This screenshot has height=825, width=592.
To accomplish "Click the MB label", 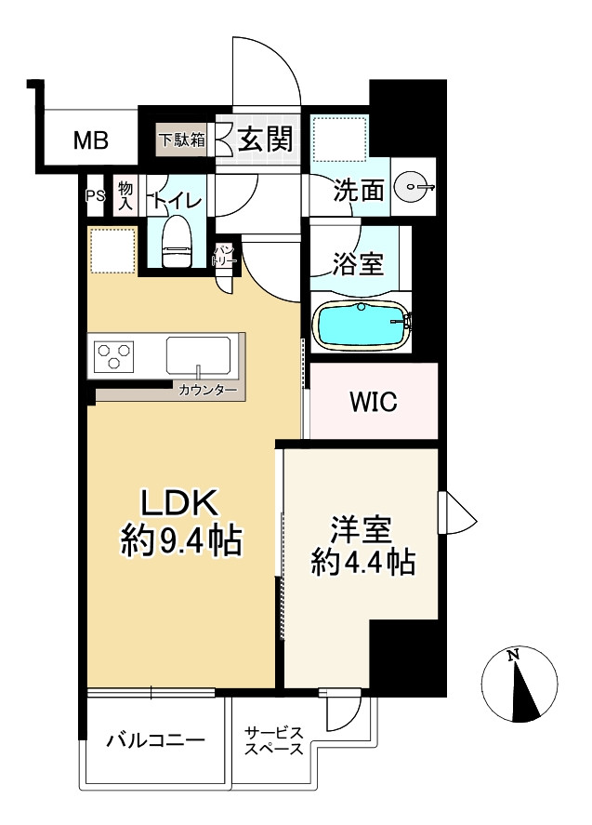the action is point(91,140).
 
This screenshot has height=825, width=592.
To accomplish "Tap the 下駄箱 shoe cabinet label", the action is point(182,140).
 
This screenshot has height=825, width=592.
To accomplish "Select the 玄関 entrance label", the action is point(265,140).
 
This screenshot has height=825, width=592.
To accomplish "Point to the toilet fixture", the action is point(178,242).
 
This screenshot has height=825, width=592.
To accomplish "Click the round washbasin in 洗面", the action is point(414,186).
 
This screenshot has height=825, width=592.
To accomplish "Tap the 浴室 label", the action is point(358,263).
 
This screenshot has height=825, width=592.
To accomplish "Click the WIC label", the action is point(374,402).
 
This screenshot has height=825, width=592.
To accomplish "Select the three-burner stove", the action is point(113,356).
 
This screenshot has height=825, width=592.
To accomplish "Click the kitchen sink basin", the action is point(198,355).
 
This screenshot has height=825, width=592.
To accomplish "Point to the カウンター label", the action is point(207,390).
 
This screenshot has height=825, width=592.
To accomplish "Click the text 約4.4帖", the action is point(363,562).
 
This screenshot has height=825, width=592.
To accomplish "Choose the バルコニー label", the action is point(155,740).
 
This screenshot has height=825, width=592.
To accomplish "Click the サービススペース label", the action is point(273,740).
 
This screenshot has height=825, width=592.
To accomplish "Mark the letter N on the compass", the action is point(513,656).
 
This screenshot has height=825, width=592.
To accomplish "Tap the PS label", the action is point(95,195).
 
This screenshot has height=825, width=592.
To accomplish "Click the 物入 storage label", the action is point(125,195).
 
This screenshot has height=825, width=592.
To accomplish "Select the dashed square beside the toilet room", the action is point(112,250).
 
